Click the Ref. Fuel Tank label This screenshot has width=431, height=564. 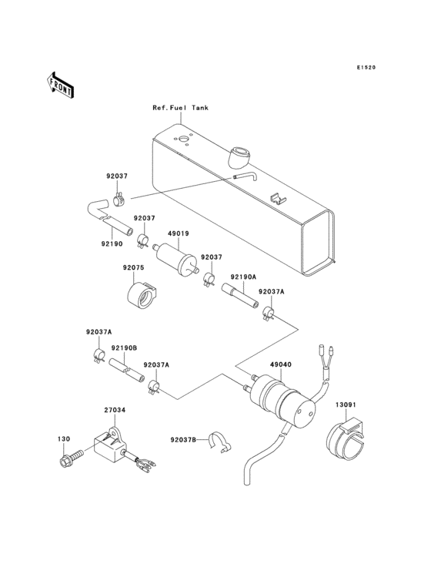pyautogui.click(x=180, y=109)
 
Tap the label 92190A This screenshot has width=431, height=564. pyautogui.click(x=242, y=275)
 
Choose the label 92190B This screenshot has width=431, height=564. pyautogui.click(x=123, y=347)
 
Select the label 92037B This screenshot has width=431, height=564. pyautogui.click(x=183, y=440)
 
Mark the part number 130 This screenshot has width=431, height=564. pyautogui.click(x=63, y=439)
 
